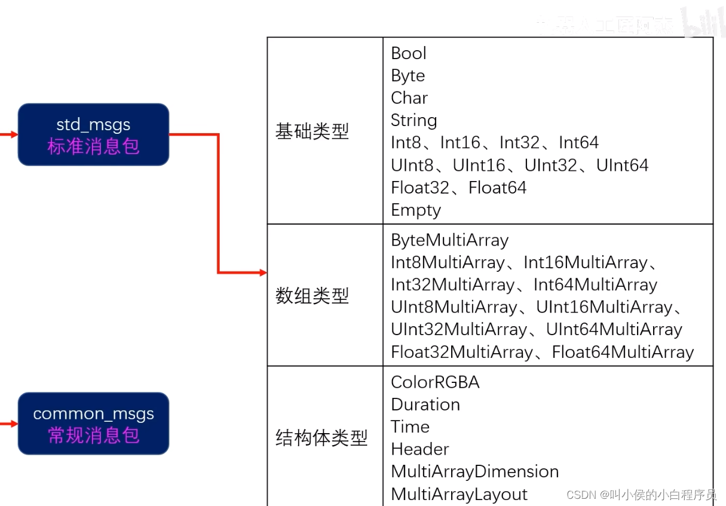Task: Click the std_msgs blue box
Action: click(93, 134)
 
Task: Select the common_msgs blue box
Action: click(93, 424)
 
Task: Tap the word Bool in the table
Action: click(409, 53)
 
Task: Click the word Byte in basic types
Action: click(408, 76)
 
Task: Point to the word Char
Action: click(409, 98)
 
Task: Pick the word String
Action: click(413, 121)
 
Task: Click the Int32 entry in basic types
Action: click(519, 143)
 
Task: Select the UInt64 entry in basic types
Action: click(622, 165)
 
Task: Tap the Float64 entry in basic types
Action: click(497, 188)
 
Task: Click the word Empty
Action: click(416, 210)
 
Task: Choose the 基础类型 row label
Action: click(312, 131)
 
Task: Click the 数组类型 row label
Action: click(312, 296)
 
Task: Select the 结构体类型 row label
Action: click(321, 438)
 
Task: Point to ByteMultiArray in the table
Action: click(449, 240)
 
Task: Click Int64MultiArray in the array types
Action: click(595, 285)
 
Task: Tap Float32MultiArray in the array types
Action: click(462, 352)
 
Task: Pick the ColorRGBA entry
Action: click(435, 382)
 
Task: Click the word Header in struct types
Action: click(419, 449)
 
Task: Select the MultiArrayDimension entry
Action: click(474, 471)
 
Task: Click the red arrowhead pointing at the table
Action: click(263, 273)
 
